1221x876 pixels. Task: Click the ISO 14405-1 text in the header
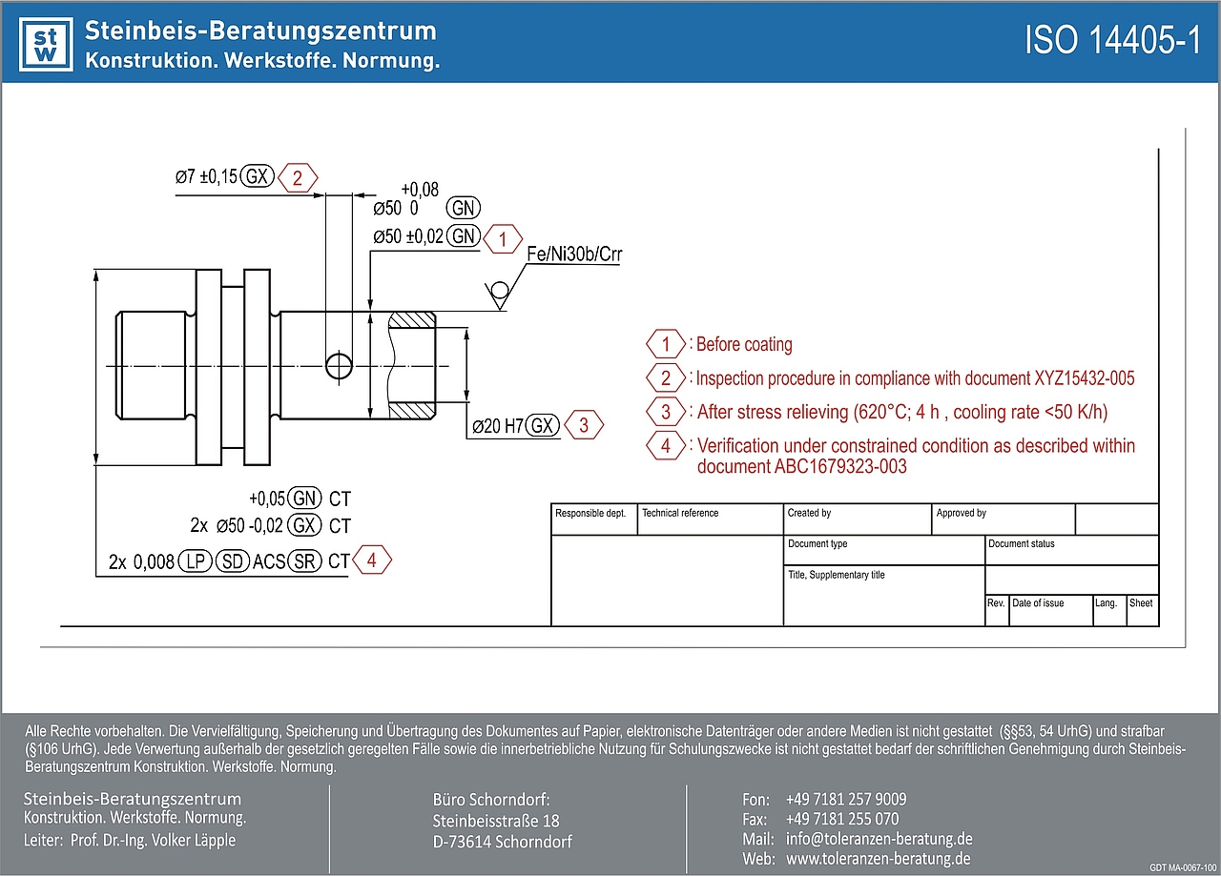click(x=1112, y=42)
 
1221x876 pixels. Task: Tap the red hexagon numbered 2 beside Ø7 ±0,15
click(x=298, y=177)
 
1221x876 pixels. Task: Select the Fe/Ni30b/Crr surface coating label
click(x=573, y=255)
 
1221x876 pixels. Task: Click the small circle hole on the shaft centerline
click(x=337, y=365)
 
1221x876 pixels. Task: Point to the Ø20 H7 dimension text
click(x=498, y=426)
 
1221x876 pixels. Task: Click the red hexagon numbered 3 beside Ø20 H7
click(x=584, y=425)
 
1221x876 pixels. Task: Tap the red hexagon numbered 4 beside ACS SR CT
click(x=372, y=560)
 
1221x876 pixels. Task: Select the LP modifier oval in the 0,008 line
click(x=196, y=562)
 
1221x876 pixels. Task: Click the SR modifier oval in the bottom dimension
click(x=305, y=562)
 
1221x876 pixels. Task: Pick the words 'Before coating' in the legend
click(x=744, y=344)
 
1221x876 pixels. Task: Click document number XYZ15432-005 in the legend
click(x=1085, y=378)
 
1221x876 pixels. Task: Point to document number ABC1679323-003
click(x=802, y=467)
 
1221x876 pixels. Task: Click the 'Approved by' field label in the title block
click(x=961, y=514)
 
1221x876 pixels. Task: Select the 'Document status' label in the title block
click(x=1022, y=544)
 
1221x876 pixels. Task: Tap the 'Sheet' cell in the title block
click(x=1141, y=603)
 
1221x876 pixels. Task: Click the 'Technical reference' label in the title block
click(x=680, y=514)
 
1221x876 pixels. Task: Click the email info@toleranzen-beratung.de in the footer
click(x=879, y=839)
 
